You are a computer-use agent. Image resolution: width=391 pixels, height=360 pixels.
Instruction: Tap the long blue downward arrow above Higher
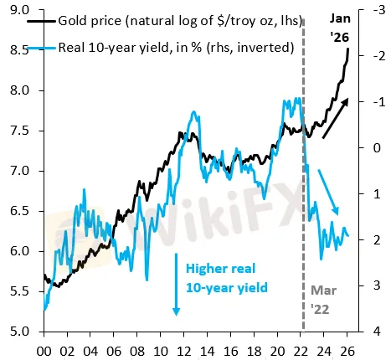pos(177,285)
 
